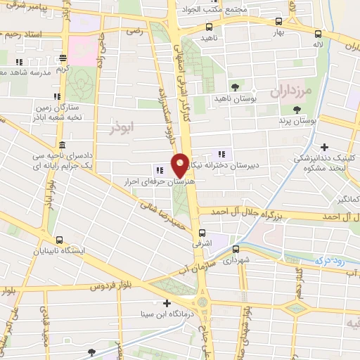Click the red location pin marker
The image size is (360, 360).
(180, 165)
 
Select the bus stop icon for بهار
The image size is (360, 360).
(279, 22)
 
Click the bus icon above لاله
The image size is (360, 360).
(319, 33)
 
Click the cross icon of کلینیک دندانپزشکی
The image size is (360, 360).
(323, 147)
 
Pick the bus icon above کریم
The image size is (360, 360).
(63, 59)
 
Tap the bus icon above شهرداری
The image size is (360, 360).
(238, 248)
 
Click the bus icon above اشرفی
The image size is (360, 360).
(202, 233)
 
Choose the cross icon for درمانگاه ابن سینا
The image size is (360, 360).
(167, 304)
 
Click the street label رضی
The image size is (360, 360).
(134, 31)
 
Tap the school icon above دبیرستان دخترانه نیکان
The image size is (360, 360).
(223, 153)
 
